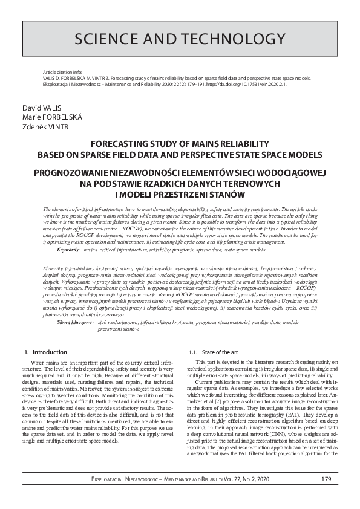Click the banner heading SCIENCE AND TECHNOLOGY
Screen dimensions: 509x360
(x=180, y=39)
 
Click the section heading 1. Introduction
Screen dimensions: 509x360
(x=45, y=352)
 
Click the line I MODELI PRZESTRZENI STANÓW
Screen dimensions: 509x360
(x=179, y=193)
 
